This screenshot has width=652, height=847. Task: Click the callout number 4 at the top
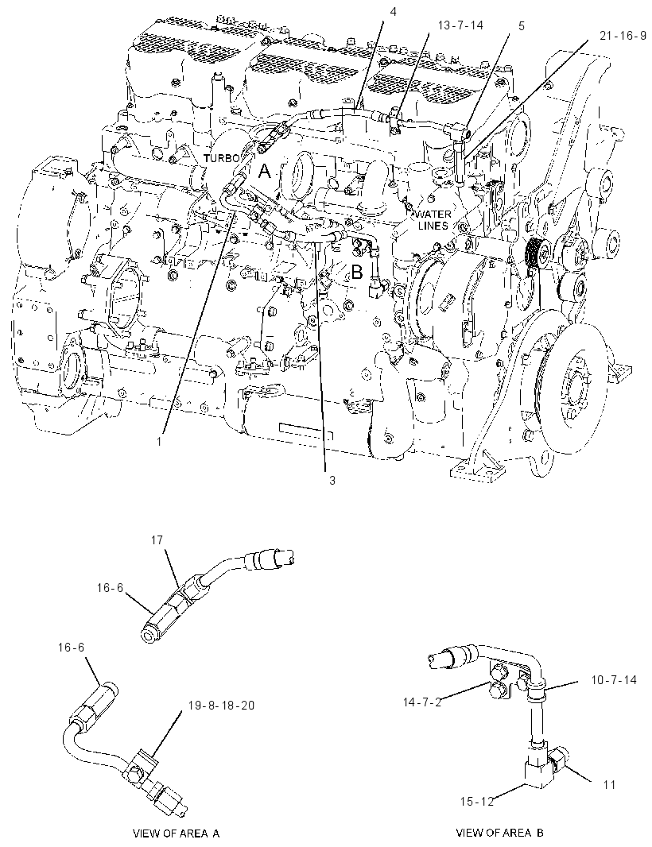[393, 12]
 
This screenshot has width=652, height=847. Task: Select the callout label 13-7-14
[461, 25]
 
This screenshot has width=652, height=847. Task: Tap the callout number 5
[521, 25]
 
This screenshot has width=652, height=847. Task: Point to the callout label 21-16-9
[623, 37]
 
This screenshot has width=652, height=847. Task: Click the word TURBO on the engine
[221, 158]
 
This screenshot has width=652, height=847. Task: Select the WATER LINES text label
[433, 220]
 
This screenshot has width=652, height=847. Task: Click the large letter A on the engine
[264, 172]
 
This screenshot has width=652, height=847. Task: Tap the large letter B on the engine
[357, 273]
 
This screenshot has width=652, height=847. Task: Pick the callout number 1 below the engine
[160, 441]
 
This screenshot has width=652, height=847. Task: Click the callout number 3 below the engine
[332, 480]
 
